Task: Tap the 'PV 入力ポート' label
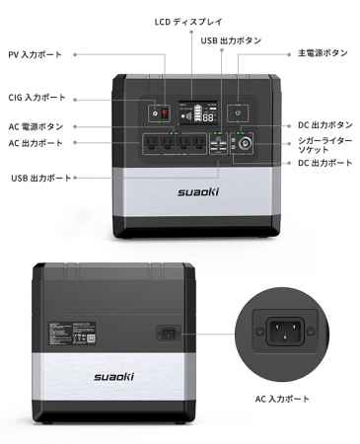point(36,54)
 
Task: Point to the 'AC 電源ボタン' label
point(36,127)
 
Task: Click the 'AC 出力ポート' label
point(36,143)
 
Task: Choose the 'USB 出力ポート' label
point(41,178)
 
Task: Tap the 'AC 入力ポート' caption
point(282,399)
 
